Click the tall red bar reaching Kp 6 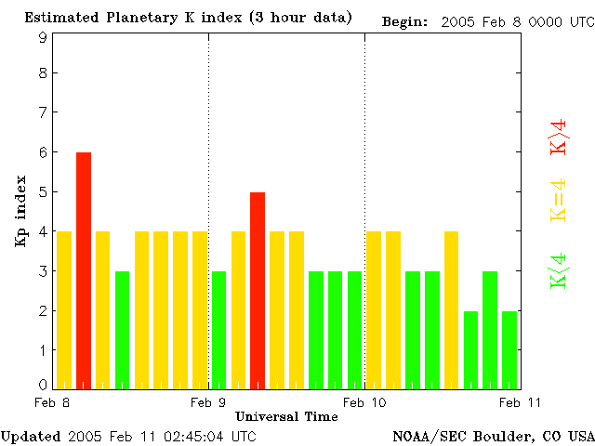(x=84, y=269)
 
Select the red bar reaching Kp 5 (x=258, y=290)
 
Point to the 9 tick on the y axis (x=43, y=37)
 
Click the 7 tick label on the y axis (x=43, y=112)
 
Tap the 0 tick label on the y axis (x=43, y=384)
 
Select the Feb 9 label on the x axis (x=208, y=402)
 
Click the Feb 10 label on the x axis (x=364, y=402)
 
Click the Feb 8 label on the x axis (x=52, y=402)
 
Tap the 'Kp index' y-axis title (x=20, y=212)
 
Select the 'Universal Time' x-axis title (x=286, y=416)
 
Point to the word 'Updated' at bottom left (x=30, y=436)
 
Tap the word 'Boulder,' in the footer (x=503, y=436)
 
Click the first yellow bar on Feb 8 (x=64, y=309)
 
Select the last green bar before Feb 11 (x=509, y=349)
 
